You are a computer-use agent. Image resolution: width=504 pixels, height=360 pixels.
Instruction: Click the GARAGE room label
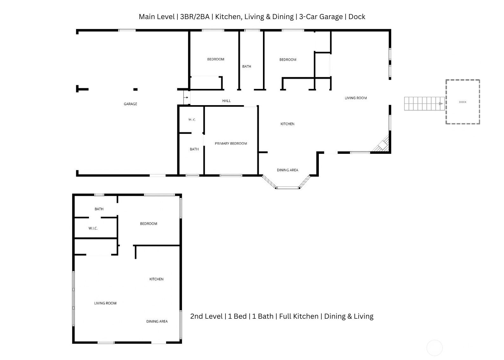130,104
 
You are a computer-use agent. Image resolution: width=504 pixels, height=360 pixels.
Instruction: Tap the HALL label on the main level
226,101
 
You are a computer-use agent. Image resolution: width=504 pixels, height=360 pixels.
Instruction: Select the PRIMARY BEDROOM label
231,143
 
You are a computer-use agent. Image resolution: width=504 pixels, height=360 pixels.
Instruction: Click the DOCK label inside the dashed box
463,102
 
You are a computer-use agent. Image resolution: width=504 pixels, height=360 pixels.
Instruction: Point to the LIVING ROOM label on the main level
356,98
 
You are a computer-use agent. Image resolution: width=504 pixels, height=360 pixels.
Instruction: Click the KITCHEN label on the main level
287,124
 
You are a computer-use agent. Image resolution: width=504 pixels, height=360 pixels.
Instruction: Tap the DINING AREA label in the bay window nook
287,170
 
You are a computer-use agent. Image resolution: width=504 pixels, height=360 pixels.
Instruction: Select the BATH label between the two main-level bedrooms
246,66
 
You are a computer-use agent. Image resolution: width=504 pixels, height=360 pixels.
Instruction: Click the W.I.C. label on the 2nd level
93,228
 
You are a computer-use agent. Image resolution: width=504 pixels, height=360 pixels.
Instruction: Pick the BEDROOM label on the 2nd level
149,224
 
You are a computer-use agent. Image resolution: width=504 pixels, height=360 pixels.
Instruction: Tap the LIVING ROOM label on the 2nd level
105,303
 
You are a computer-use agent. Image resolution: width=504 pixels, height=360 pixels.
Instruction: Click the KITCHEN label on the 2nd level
156,279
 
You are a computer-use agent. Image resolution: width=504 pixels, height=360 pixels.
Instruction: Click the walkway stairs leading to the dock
424,104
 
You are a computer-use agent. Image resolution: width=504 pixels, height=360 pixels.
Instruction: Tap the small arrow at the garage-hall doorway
186,98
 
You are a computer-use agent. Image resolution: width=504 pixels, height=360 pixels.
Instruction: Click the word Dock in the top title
357,17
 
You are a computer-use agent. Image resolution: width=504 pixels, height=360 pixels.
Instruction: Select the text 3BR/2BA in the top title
195,17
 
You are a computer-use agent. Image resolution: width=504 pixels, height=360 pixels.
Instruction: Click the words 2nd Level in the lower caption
206,316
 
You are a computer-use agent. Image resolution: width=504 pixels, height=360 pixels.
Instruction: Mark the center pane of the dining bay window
287,188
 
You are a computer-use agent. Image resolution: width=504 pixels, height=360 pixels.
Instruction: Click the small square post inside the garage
136,89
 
